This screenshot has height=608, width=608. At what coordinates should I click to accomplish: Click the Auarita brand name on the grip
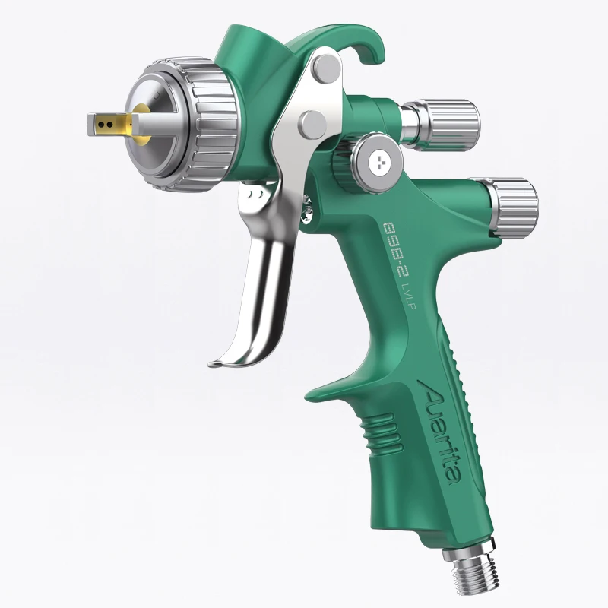(442, 434)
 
